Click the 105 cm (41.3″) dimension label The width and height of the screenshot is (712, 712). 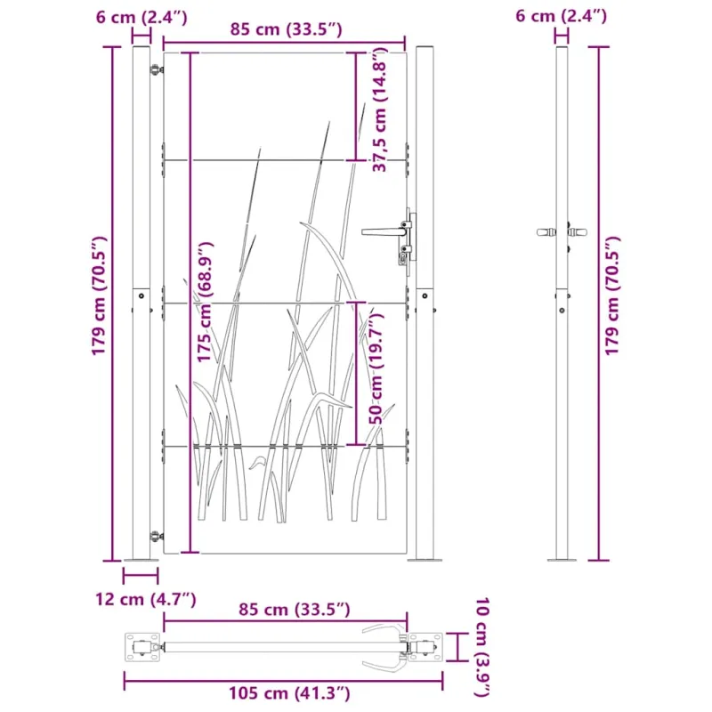click(288, 693)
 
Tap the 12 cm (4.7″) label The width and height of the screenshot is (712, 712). click(145, 599)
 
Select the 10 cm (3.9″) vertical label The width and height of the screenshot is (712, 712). click(481, 647)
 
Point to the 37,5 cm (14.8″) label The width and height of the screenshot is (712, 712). click(379, 111)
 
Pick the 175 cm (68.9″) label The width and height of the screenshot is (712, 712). click(205, 302)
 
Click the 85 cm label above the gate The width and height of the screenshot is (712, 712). click(286, 29)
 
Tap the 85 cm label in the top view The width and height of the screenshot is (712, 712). click(295, 610)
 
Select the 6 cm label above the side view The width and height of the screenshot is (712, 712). click(561, 16)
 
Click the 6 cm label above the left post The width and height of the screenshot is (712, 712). click(142, 17)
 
